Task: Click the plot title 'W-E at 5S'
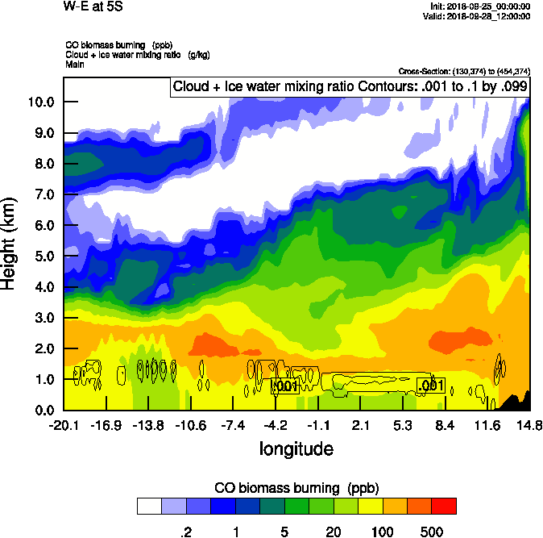(x=92, y=7)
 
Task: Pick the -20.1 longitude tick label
(x=64, y=425)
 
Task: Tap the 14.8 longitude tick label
(x=528, y=425)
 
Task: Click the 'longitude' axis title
(x=296, y=448)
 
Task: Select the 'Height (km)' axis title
(x=10, y=243)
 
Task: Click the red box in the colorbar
(x=444, y=507)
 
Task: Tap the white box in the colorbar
(x=149, y=507)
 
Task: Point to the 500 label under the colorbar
(x=432, y=532)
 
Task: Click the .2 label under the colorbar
(x=185, y=532)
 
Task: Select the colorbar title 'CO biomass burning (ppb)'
(x=296, y=488)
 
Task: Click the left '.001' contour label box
(x=287, y=386)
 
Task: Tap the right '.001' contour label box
(x=431, y=386)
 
